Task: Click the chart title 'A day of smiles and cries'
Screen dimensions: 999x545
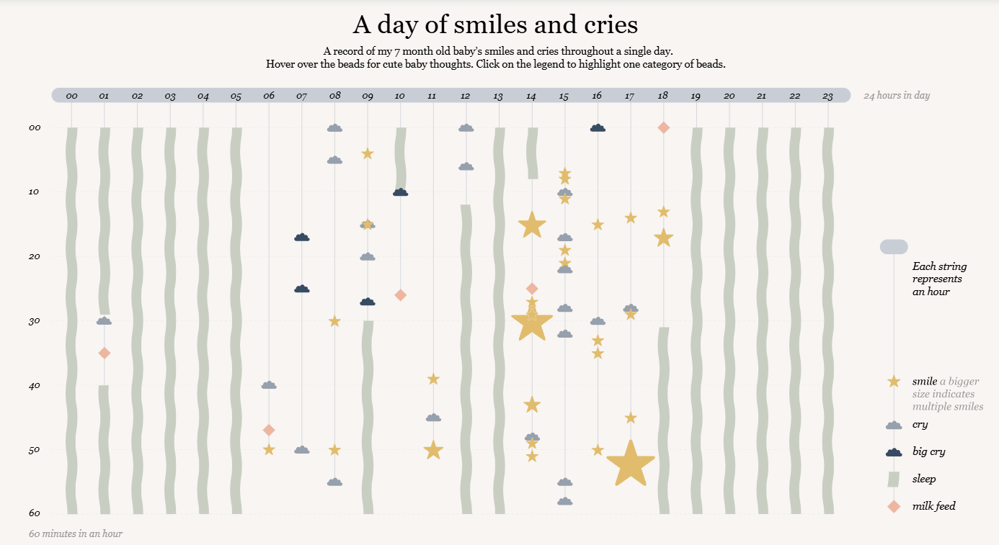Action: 495,24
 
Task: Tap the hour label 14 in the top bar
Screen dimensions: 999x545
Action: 530,96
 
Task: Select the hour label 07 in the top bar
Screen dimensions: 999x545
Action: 301,96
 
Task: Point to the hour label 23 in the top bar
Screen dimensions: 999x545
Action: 827,96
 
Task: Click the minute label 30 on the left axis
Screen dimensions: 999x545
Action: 35,321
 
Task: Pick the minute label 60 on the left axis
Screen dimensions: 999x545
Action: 35,513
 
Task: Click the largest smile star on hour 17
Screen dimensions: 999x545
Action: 631,464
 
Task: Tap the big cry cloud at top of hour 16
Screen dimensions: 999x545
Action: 598,128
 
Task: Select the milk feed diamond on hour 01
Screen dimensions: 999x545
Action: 105,353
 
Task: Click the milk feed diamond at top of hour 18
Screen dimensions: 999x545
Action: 664,127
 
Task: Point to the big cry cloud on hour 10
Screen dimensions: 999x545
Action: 401,192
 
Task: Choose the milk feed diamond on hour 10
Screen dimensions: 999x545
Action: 401,295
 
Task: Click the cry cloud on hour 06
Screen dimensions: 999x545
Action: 269,384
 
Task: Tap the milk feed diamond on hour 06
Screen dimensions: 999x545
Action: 268,430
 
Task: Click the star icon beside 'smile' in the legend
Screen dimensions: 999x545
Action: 894,382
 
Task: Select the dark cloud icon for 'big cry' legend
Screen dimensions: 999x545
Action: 894,452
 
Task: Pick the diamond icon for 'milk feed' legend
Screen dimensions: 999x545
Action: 894,507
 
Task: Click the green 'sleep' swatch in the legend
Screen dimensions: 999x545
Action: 893,479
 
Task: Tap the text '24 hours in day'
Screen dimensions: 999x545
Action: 897,95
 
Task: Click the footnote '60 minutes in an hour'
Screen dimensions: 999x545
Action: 76,533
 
